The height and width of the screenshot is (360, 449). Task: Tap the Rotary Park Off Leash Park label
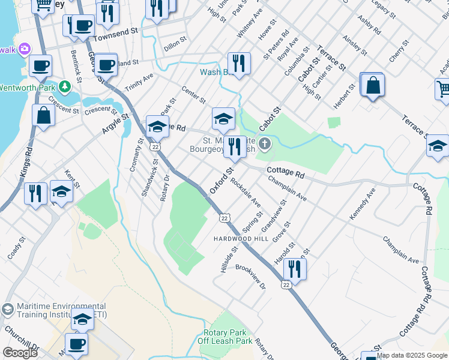click(225, 337)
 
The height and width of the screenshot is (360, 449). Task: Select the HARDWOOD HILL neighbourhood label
click(239, 239)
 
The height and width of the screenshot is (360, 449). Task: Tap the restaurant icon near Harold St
click(294, 268)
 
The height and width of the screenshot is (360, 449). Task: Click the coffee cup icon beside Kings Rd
click(40, 65)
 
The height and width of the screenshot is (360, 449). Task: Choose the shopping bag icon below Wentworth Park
click(44, 115)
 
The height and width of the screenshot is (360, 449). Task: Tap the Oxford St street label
click(221, 182)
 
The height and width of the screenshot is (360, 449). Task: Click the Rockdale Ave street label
click(246, 192)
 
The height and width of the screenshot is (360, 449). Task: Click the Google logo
click(20, 352)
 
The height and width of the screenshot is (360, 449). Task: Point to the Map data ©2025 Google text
click(412, 355)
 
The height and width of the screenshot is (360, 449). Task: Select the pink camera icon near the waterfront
click(25, 48)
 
